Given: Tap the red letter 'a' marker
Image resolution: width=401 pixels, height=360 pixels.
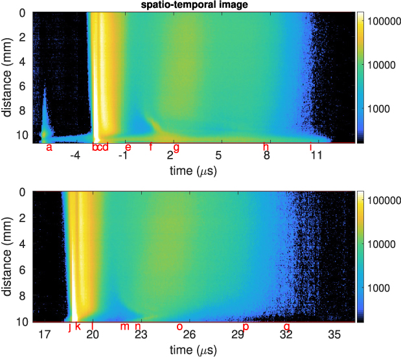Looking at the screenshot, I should pyautogui.click(x=49, y=148).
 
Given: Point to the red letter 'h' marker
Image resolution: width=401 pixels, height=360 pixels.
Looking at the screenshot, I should pyautogui.click(x=266, y=147).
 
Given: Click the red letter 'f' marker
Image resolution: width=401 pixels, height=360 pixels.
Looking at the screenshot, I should pyautogui.click(x=151, y=147).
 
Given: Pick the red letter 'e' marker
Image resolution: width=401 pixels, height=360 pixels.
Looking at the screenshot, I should pyautogui.click(x=128, y=148).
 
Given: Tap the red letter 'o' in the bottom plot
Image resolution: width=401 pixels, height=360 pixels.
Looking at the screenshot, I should pyautogui.click(x=179, y=326).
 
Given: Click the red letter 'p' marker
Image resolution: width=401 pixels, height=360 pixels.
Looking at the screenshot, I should pyautogui.click(x=246, y=327).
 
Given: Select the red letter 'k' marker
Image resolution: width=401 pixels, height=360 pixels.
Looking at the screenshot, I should pyautogui.click(x=78, y=326).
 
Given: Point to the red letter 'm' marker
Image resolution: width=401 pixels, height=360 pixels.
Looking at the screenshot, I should pyautogui.click(x=124, y=326).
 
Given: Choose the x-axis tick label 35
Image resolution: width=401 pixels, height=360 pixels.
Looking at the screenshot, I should pyautogui.click(x=334, y=335).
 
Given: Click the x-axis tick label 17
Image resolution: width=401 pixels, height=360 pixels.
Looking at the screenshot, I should pyautogui.click(x=44, y=335).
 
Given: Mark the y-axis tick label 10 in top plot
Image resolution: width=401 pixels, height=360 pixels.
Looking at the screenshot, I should pyautogui.click(x=23, y=135).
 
